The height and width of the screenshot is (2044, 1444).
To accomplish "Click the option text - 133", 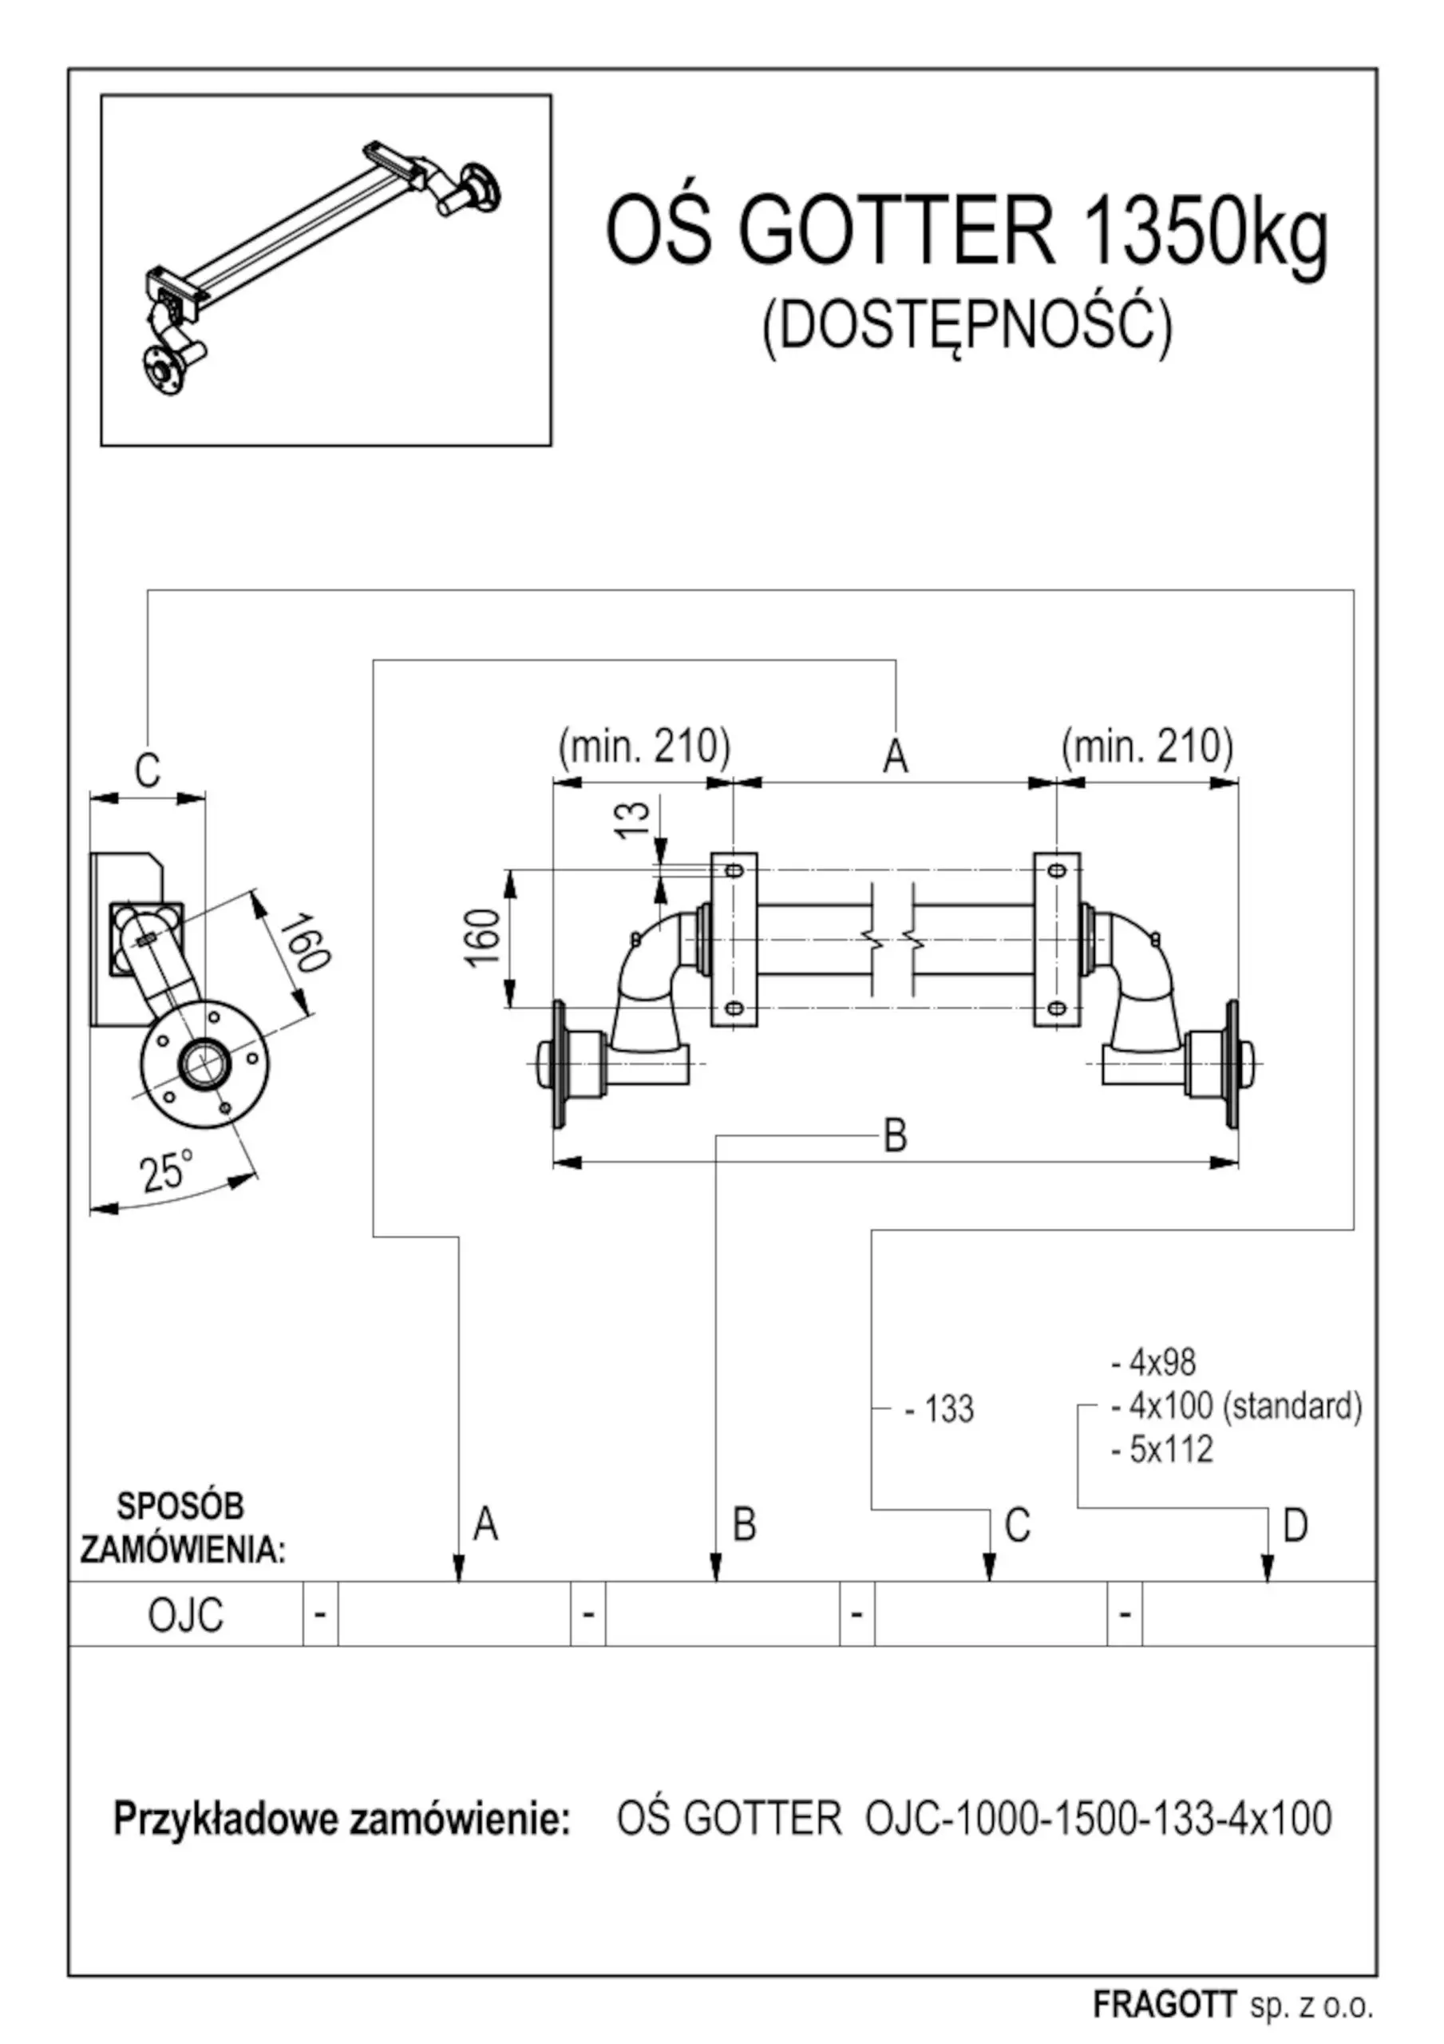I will (940, 1409).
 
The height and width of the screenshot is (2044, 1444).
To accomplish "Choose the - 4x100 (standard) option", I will (1236, 1406).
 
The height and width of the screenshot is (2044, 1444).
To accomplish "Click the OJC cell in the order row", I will (185, 1616).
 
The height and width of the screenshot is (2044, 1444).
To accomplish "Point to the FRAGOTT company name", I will (1164, 2005).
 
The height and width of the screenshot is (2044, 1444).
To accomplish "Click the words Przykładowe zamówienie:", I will (341, 1818).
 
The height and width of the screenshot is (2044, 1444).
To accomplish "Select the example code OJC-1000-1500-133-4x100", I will (1098, 1818).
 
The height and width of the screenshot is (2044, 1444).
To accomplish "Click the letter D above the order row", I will (1295, 1526).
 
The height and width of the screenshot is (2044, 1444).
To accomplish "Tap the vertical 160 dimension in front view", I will (482, 937).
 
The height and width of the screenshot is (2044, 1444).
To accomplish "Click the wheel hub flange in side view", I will (205, 1064).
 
